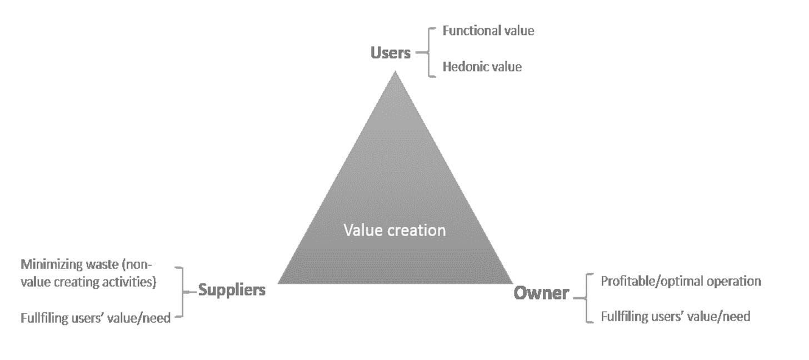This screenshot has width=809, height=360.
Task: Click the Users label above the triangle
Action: click(x=391, y=53)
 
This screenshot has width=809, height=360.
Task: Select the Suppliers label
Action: click(x=232, y=290)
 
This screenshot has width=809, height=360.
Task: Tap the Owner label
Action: click(x=541, y=293)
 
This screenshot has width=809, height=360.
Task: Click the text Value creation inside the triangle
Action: click(x=394, y=230)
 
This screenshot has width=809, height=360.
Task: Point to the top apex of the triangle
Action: click(x=395, y=72)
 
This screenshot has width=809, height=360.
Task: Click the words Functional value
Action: click(x=488, y=31)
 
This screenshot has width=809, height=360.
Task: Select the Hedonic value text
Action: click(x=482, y=67)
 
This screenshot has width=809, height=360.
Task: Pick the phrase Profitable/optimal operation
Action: click(x=681, y=281)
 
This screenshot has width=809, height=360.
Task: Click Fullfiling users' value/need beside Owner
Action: click(x=675, y=317)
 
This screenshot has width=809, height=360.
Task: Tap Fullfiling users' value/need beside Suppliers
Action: click(x=96, y=319)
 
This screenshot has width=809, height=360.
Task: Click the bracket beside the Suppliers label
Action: click(x=182, y=291)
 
